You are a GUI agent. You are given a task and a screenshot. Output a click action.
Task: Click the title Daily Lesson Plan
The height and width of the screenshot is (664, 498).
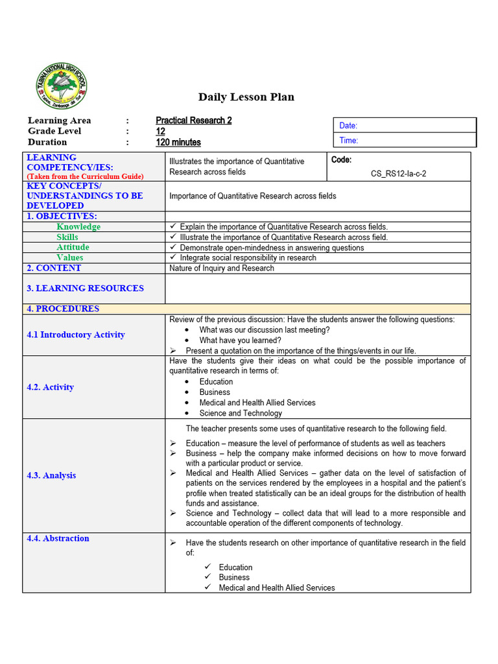pyautogui.click(x=246, y=97)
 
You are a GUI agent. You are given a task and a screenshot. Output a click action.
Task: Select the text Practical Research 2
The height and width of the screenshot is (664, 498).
pyautogui.click(x=193, y=121)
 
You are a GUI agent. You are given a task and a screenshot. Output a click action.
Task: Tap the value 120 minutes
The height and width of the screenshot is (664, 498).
pyautogui.click(x=178, y=143)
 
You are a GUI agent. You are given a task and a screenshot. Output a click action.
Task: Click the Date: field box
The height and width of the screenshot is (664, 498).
pyautogui.click(x=405, y=125)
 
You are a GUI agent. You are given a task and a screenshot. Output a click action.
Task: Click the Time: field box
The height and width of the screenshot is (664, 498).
pyautogui.click(x=405, y=140)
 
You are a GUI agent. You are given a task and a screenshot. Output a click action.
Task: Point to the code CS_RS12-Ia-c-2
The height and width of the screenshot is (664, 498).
pyautogui.click(x=398, y=174)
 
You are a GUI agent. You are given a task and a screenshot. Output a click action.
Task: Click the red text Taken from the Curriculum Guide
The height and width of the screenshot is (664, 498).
pyautogui.click(x=85, y=176)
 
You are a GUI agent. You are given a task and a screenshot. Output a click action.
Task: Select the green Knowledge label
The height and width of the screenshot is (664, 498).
pyautogui.click(x=78, y=227)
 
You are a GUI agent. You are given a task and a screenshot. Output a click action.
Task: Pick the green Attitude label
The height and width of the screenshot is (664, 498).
pyautogui.click(x=73, y=248)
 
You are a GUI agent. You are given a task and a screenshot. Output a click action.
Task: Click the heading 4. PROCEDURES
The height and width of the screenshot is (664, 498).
pyautogui.click(x=63, y=309)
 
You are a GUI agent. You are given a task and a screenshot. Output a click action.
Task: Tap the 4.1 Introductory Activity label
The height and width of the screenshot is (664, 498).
pyautogui.click(x=76, y=335)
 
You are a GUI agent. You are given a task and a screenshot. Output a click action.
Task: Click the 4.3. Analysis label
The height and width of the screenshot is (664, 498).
pyautogui.click(x=51, y=475)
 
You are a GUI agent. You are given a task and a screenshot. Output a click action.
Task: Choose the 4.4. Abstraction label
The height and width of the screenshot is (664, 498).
pyautogui.click(x=58, y=538)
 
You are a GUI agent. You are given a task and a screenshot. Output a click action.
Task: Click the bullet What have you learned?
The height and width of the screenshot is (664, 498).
pyautogui.click(x=240, y=340)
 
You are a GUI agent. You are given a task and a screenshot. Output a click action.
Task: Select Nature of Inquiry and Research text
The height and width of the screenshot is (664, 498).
pyautogui.click(x=221, y=268)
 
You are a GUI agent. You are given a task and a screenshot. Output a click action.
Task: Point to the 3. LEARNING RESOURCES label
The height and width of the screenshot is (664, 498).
pyautogui.click(x=85, y=288)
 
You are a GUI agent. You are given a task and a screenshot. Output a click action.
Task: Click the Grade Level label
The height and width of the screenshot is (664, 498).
pyautogui.click(x=54, y=131)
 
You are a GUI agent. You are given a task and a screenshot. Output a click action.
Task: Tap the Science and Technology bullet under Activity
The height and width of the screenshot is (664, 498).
pyautogui.click(x=241, y=413)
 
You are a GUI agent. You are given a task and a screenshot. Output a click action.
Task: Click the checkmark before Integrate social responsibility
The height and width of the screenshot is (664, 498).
pyautogui.click(x=172, y=257)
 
